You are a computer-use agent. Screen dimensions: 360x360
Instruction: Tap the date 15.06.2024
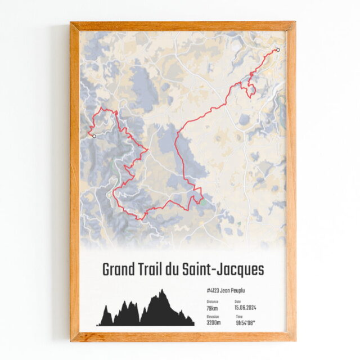(247, 308)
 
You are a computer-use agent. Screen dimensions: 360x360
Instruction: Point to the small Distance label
(212, 302)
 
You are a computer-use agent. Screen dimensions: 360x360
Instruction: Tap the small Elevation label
(213, 317)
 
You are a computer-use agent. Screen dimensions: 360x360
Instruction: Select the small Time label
(238, 317)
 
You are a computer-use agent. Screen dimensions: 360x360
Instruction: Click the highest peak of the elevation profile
(162, 290)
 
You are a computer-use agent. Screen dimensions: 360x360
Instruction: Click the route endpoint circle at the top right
(278, 49)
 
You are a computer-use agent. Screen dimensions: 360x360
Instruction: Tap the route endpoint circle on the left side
(94, 136)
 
